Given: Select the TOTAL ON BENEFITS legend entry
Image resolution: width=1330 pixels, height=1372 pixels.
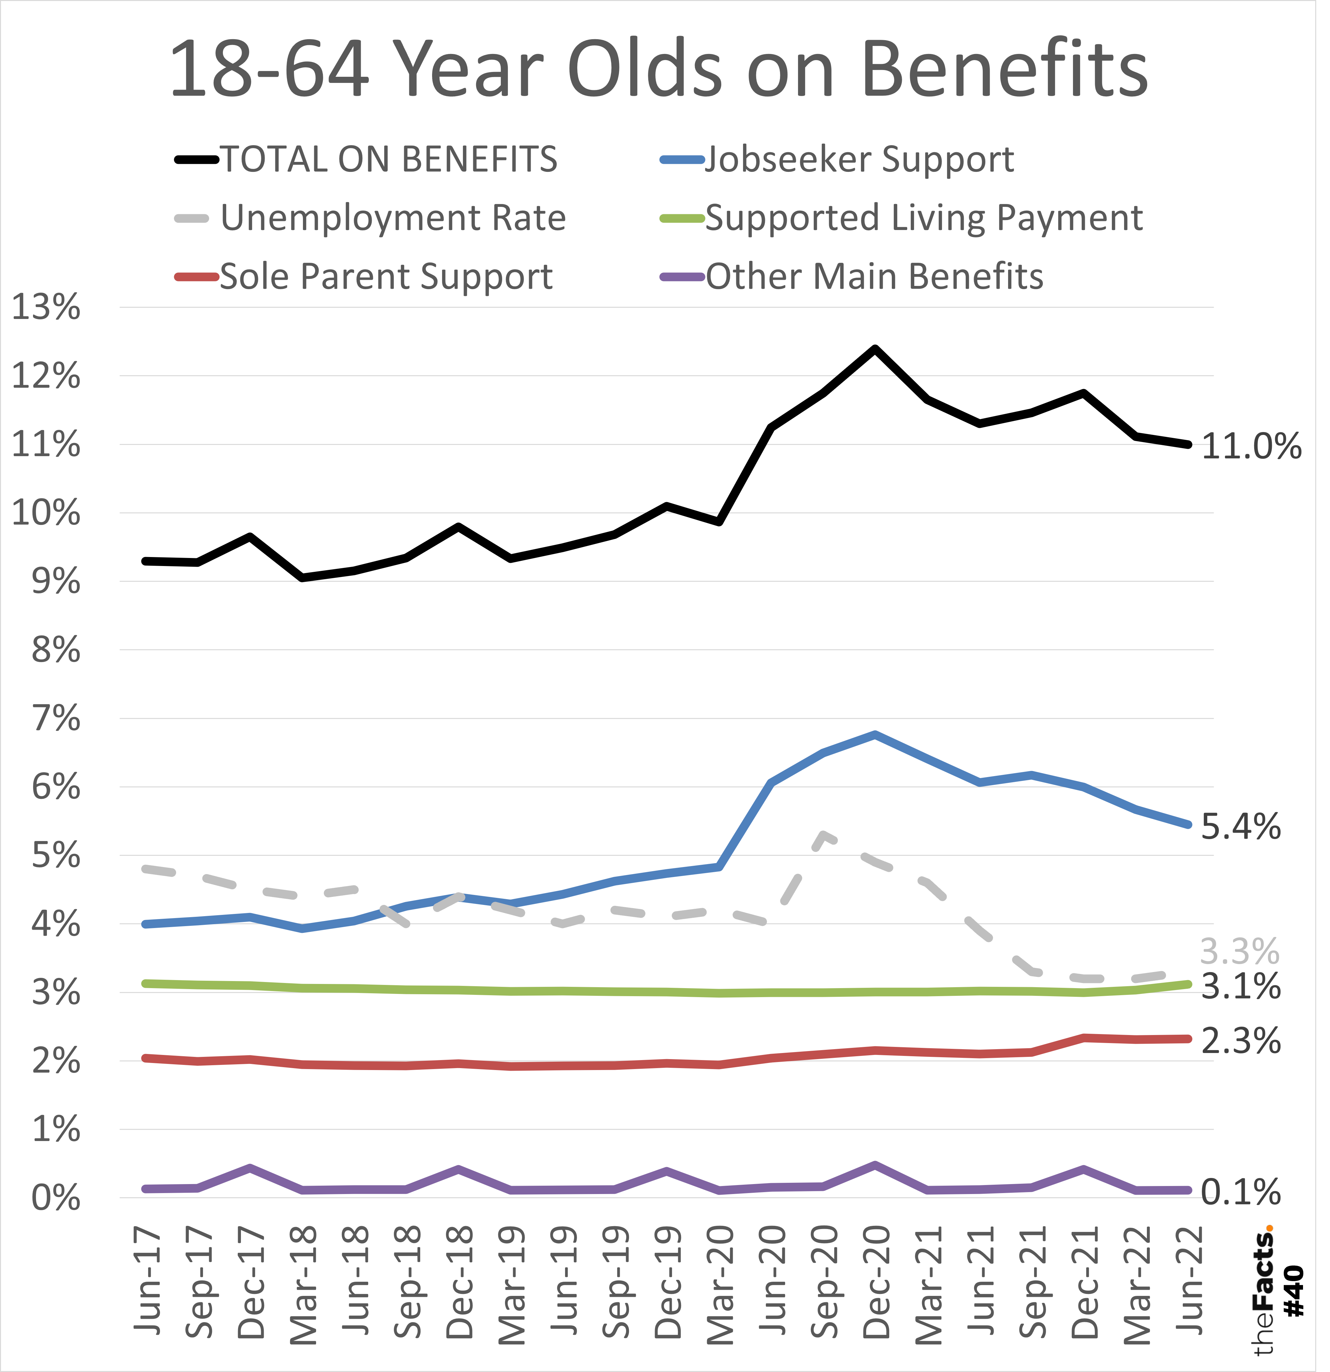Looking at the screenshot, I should point(388,160).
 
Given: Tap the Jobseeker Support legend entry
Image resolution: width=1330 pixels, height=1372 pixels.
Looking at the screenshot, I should point(859,160).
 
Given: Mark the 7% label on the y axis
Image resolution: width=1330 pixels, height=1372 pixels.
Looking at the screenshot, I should point(56,719).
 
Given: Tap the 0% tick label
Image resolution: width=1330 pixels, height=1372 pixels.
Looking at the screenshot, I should point(56,1199).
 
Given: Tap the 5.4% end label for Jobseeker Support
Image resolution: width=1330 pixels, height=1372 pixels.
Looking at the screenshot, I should point(1240,827).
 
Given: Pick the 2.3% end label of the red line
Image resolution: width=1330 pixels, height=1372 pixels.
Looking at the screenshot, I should point(1240,1041).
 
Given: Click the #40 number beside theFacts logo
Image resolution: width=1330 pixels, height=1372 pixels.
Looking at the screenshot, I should point(1294,1291).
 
